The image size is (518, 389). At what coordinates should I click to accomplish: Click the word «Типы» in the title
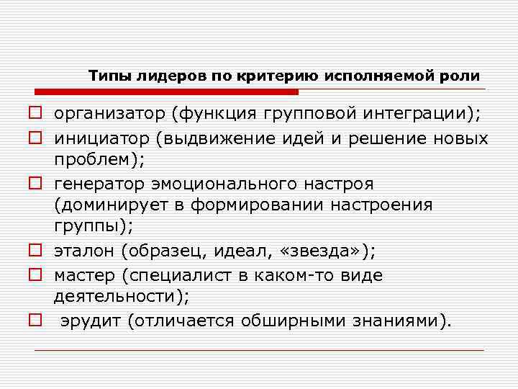106,76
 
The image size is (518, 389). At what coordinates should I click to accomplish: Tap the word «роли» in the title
463,76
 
